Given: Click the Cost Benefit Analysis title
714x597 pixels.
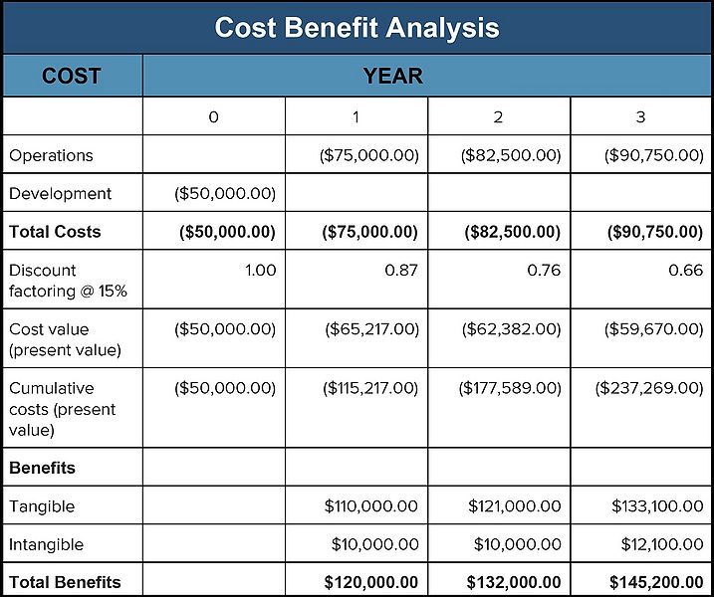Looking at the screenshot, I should click(357, 27).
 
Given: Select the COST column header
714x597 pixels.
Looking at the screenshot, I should click(71, 76).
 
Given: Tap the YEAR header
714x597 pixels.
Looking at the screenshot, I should click(393, 76).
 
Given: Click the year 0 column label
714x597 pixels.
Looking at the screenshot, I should click(213, 117).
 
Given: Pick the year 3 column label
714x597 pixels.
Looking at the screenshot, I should click(640, 117).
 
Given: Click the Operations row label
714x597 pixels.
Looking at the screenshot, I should click(51, 155).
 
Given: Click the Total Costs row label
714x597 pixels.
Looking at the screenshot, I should click(55, 232).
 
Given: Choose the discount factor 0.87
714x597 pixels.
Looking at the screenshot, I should click(402, 270).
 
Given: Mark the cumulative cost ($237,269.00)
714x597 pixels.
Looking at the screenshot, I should click(649, 387).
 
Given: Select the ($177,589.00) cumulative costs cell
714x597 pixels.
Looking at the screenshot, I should click(510, 387).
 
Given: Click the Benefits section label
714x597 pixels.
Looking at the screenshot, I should click(42, 467).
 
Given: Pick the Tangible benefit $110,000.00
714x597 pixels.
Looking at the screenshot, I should click(371, 506).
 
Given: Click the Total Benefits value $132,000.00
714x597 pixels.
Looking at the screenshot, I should click(514, 582).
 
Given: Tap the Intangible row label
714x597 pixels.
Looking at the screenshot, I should click(46, 544).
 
